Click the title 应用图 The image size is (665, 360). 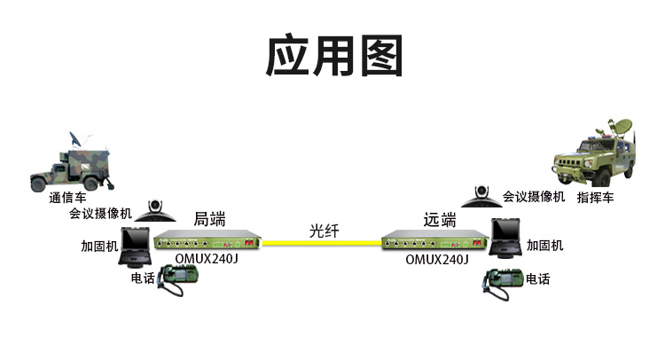coord(334,55)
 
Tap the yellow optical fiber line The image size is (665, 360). coord(322,243)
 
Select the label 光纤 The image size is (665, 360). coord(324,231)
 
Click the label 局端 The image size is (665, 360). coord(209,219)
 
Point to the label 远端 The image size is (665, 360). coord(440,220)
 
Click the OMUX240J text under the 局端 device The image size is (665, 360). coord(207,258)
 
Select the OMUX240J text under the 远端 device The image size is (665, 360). coord(437,259)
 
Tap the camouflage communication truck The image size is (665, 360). coord(71,163)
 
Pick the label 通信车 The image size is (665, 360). coord(67,197)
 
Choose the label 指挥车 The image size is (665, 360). coord(595,197)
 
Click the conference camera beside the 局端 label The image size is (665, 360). coord(155,211)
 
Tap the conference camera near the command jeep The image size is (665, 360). coord(481,196)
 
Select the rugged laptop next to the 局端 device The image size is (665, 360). coord(135,247)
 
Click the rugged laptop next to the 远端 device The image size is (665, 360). coord(505,238)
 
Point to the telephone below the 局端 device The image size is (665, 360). coord(177,279)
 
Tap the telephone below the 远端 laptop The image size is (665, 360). coord(503,283)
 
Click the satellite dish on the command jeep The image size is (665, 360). coord(620,127)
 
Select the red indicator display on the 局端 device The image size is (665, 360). coord(249,243)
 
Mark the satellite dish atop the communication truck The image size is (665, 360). coord(76,139)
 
